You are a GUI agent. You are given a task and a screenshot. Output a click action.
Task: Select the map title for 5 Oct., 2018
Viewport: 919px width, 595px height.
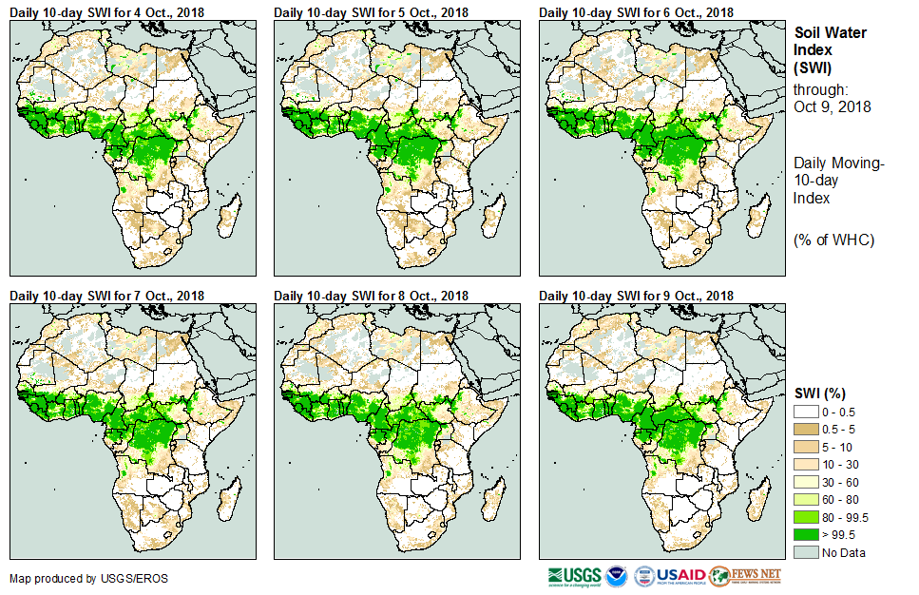372,12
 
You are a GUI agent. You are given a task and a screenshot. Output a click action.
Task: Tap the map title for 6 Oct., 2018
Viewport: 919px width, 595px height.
636,12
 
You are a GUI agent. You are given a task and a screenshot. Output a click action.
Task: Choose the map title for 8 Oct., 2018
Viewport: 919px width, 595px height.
372,297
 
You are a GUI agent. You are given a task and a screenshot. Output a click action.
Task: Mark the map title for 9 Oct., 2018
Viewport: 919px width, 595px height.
636,297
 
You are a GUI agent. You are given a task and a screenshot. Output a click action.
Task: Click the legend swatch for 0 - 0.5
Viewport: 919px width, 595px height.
808,411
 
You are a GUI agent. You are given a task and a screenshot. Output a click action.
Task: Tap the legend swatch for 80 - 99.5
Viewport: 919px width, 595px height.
808,517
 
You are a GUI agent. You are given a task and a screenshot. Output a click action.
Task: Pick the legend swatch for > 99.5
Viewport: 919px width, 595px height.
808,534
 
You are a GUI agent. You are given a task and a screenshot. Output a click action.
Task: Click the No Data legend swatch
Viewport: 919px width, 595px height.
808,552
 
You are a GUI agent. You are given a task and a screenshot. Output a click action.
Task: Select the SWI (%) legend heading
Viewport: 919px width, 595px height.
820,393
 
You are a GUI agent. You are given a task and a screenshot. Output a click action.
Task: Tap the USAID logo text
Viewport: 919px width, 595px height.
680,576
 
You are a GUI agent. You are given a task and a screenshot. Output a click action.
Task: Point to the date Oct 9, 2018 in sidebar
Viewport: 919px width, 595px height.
832,106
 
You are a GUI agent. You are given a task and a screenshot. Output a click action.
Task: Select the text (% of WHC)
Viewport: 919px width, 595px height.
833,240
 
